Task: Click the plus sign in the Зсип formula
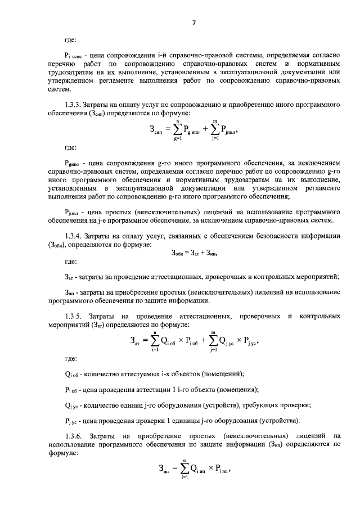point(206,130)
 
